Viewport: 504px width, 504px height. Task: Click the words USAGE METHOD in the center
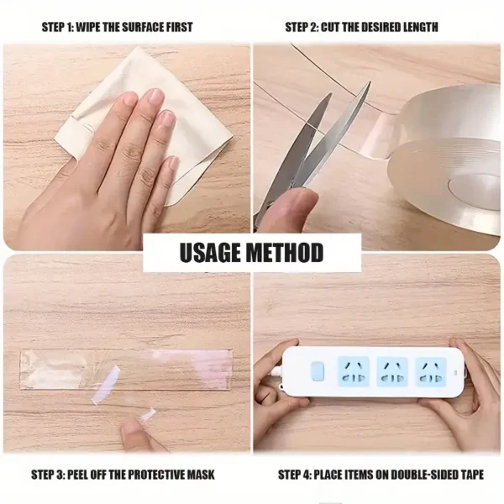[251, 252]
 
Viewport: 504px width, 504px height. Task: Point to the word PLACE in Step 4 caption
[332, 475]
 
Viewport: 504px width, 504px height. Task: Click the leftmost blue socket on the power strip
[352, 370]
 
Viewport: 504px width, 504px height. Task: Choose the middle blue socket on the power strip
[392, 370]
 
